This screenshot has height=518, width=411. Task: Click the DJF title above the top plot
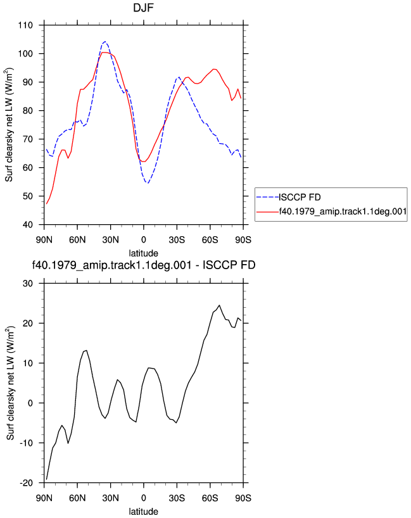[143, 7]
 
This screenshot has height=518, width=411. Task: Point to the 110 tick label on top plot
[25, 25]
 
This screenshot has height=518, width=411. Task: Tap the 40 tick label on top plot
[28, 225]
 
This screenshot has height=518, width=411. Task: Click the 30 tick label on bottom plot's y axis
[28, 284]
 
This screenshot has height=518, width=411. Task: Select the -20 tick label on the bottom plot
[26, 483]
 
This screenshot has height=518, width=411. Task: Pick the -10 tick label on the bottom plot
[26, 443]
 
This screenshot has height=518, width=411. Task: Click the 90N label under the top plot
[44, 239]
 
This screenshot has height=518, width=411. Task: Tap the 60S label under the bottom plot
[210, 498]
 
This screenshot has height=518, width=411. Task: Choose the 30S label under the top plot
[177, 239]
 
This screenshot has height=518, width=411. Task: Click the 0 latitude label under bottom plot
[143, 498]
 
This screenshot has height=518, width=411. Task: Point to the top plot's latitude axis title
[143, 253]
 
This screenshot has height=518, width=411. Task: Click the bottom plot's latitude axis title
[143, 512]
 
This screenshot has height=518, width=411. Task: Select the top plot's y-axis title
[9, 125]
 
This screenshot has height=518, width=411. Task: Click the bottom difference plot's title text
[144, 265]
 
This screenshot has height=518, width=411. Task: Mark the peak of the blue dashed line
[105, 42]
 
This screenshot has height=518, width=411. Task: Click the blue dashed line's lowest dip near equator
[148, 183]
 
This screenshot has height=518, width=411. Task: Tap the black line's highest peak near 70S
[219, 305]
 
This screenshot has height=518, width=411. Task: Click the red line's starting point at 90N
[47, 204]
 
